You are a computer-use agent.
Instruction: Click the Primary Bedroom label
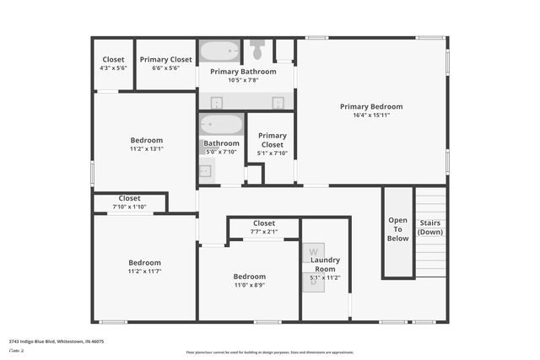371,106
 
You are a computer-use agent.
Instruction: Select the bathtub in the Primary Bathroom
219,51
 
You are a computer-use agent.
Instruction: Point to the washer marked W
313,252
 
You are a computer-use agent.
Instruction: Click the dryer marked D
313,282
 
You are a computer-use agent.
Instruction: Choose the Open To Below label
397,229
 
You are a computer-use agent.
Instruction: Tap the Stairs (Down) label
430,228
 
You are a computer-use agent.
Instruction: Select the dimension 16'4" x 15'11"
371,115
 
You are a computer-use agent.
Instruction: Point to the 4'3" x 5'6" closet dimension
113,67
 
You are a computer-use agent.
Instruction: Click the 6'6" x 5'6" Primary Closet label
166,60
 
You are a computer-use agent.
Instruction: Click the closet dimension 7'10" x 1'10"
129,207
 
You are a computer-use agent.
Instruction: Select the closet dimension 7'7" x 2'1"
263,231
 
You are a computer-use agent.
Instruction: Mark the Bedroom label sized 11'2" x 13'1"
146,140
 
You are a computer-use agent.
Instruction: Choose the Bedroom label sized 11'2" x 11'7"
144,262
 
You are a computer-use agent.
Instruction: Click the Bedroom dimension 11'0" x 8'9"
249,285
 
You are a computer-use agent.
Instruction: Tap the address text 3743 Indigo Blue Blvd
56,342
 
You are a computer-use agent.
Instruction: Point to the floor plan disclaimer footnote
270,352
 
